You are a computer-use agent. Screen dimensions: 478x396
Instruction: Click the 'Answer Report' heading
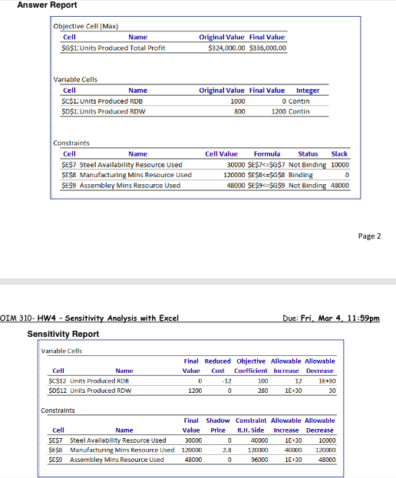tap(47, 5)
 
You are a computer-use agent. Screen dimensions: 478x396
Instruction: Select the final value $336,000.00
tap(267, 48)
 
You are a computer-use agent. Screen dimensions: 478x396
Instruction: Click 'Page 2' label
tap(369, 236)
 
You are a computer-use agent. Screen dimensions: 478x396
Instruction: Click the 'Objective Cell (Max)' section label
tap(85, 26)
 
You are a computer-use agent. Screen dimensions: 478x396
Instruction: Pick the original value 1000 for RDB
tap(237, 101)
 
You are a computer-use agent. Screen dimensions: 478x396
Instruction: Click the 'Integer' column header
tap(307, 91)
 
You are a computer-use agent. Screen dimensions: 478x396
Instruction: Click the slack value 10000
tap(339, 164)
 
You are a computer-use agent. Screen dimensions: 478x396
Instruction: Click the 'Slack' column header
tap(338, 154)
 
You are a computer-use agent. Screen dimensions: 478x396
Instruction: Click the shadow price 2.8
tap(227, 450)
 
